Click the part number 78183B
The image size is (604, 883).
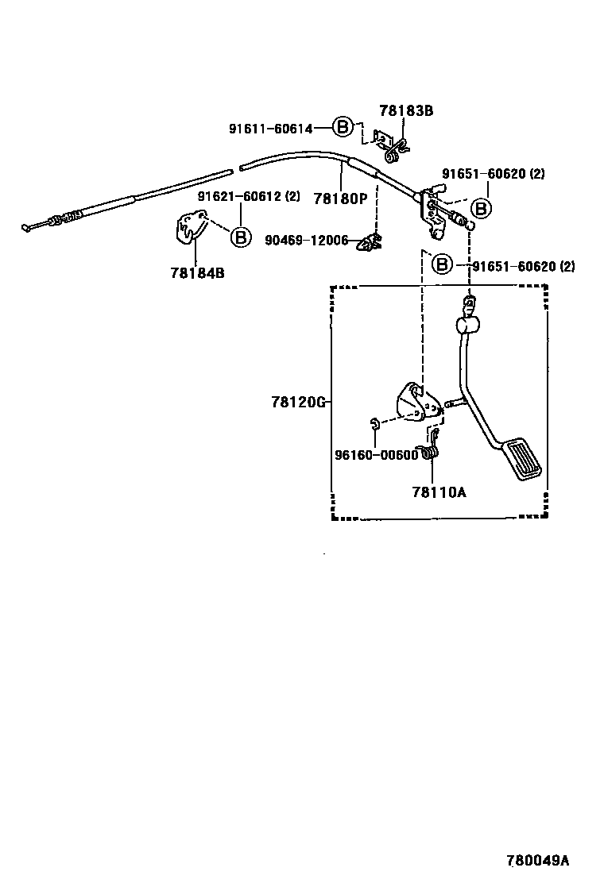click(x=405, y=111)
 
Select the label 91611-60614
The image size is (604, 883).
click(x=270, y=128)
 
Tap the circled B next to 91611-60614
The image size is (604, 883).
click(x=342, y=127)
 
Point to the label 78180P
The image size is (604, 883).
click(x=340, y=199)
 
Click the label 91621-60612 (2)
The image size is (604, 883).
click(x=249, y=197)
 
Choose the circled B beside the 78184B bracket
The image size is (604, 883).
click(x=241, y=236)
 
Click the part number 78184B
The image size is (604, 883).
click(x=197, y=272)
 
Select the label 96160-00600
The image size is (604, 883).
click(x=376, y=455)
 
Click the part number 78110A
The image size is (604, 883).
click(x=439, y=492)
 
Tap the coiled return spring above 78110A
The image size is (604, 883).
click(x=430, y=451)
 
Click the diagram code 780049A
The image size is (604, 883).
click(x=538, y=861)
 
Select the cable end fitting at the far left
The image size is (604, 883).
click(x=32, y=226)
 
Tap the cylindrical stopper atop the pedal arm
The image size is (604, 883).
click(x=467, y=324)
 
